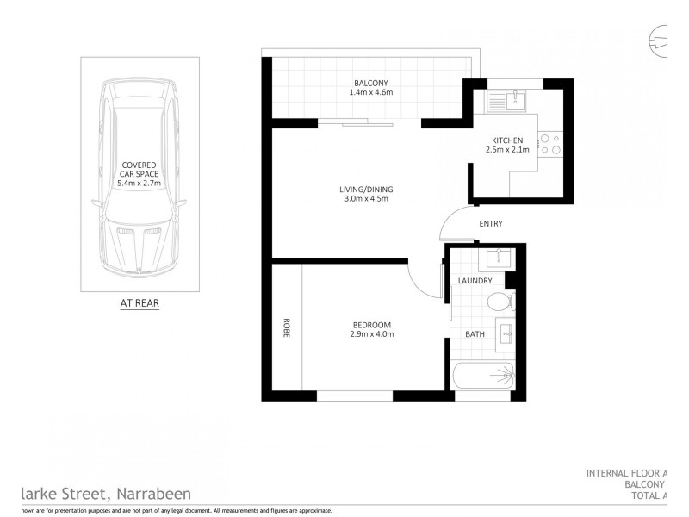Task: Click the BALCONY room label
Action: click(371, 83)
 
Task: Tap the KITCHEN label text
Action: click(506, 140)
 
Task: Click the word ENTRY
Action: click(491, 225)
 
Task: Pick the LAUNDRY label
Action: click(475, 281)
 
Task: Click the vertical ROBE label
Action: click(286, 328)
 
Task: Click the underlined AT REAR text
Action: click(139, 302)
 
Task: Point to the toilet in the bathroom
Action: click(499, 302)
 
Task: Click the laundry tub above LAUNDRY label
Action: click(499, 258)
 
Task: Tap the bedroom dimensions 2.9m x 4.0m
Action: click(372, 334)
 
